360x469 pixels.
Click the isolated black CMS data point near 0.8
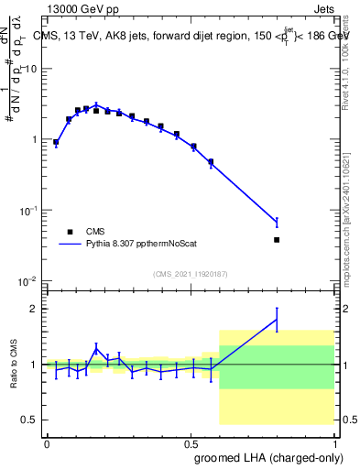point(277,240)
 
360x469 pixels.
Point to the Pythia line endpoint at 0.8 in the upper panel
point(277,222)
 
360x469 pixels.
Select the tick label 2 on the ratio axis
point(33,309)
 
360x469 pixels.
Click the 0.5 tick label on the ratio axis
point(28,420)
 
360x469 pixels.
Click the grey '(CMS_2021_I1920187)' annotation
point(191,273)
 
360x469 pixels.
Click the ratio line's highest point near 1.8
point(277,319)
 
